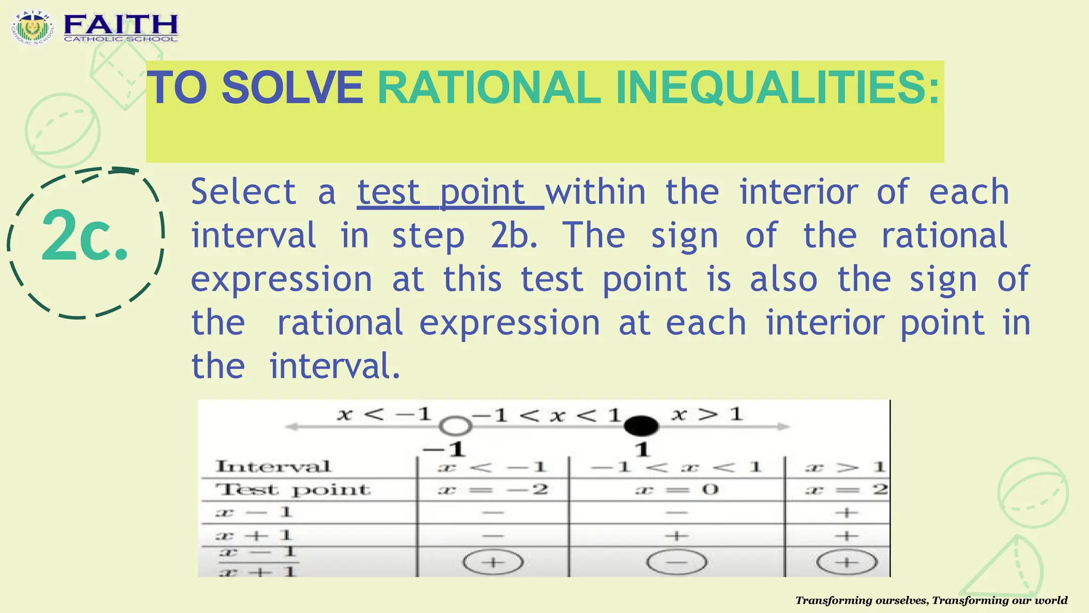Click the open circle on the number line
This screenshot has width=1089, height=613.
pos(456,426)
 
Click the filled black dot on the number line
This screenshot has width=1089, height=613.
pos(641,426)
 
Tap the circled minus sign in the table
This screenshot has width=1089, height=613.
pos(676,562)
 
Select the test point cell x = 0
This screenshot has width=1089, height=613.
pos(676,489)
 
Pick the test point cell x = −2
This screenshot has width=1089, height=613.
pos(492,489)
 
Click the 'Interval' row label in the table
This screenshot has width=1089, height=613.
pos(273,467)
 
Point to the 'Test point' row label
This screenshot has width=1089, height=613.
pos(292,490)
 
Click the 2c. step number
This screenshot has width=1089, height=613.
pos(85,237)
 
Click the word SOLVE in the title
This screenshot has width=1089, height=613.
pos(292,88)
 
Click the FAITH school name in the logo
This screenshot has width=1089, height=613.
pos(121,25)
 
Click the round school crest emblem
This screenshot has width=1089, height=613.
pos(32,28)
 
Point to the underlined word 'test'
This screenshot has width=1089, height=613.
pos(388,192)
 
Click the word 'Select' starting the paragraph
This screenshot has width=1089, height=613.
pos(243,192)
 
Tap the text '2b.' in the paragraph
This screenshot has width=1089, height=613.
pos(514,236)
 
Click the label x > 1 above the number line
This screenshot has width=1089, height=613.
pos(707,414)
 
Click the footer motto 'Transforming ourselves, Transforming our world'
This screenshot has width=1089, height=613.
pos(931,601)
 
